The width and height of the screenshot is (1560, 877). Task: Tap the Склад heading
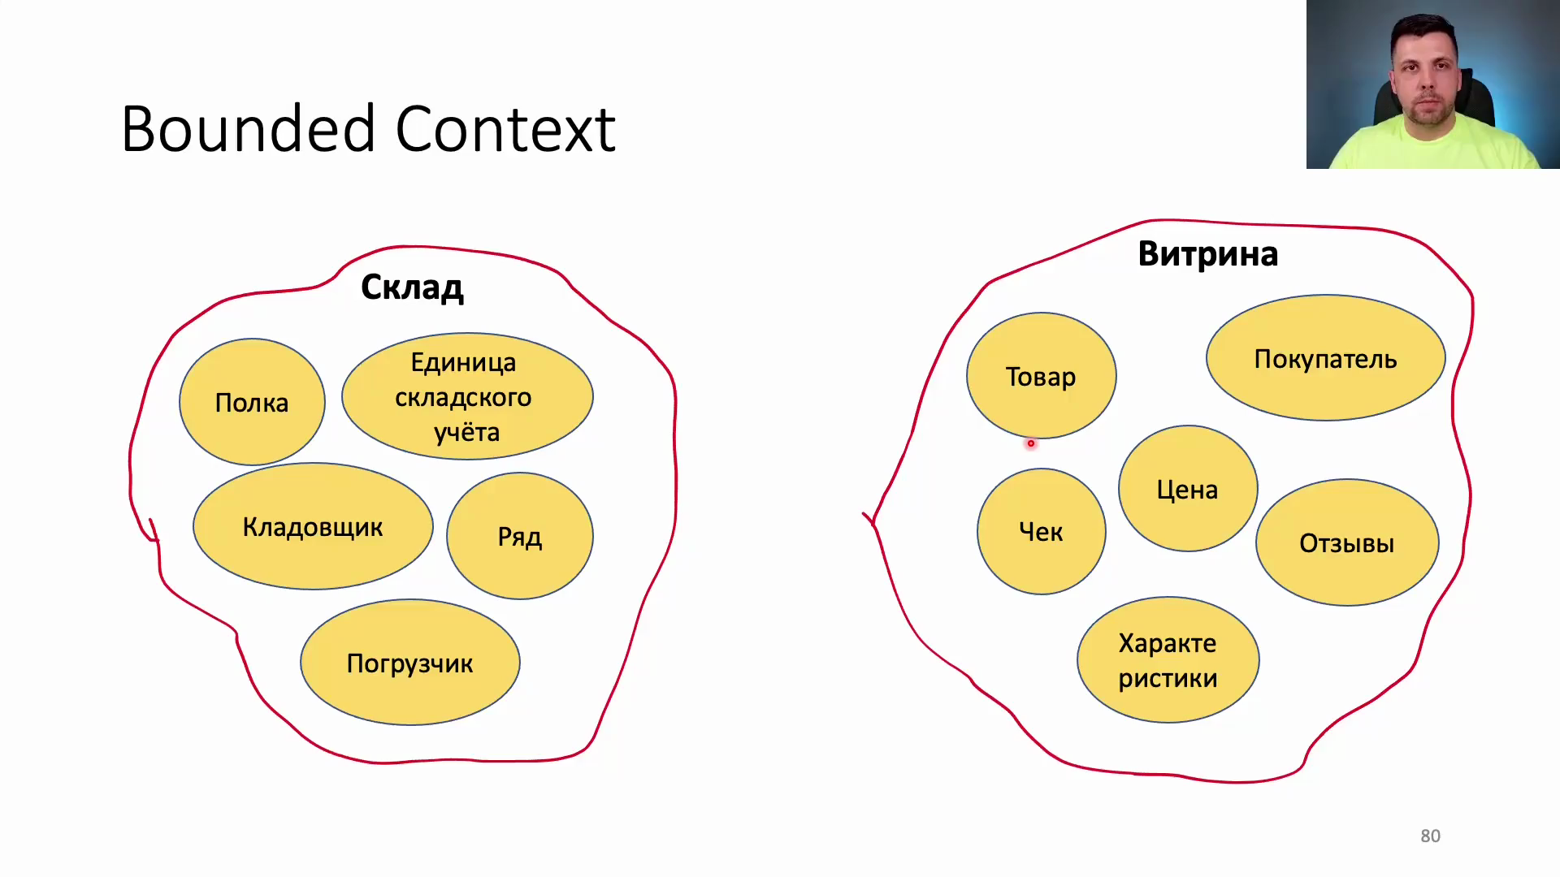412,287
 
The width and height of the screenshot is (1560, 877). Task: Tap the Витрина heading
1207,254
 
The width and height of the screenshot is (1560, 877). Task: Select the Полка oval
252,402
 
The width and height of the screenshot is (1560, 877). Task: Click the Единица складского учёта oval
467,396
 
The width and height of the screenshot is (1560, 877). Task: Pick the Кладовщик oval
313,526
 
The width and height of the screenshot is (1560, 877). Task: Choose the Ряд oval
520,536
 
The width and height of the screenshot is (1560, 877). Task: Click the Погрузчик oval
410,662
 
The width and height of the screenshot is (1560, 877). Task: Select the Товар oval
1041,376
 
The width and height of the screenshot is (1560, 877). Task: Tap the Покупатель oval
1325,358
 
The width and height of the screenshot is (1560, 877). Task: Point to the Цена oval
1188,489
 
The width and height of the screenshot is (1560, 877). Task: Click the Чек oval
1041,532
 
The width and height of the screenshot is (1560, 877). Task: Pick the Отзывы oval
1347,542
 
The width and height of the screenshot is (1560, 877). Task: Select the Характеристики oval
1168,660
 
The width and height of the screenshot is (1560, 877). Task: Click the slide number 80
1430,836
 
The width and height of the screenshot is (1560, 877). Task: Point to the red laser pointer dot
1030,443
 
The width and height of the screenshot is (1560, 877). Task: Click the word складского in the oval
463,398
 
